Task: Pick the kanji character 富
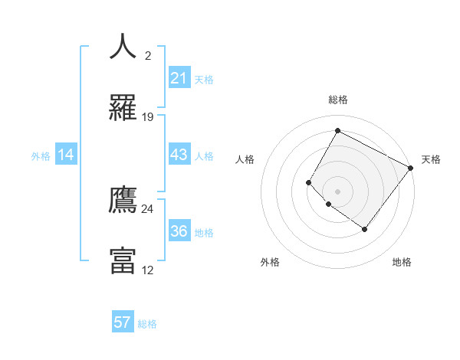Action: (123, 260)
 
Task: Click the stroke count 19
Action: (148, 117)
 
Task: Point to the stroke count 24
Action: (148, 208)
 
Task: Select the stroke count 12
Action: (148, 270)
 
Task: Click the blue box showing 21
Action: (179, 78)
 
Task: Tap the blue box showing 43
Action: (179, 155)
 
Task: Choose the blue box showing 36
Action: (179, 231)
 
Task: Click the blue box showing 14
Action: (67, 155)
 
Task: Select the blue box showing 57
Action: (123, 322)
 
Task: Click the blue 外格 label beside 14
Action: (41, 156)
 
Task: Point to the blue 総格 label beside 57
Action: (147, 324)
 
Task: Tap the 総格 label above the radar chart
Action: (337, 100)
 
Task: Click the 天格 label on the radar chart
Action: (431, 159)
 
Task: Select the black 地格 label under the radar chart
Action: (402, 262)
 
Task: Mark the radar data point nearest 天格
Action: (411, 167)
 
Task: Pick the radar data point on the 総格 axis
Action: (337, 130)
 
